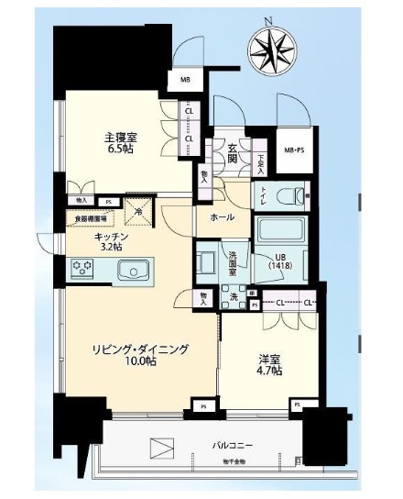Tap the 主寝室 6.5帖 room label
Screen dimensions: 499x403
tap(121, 144)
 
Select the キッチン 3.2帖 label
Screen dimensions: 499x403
tap(110, 241)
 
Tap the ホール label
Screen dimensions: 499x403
tap(223, 217)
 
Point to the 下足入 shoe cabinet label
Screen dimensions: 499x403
tap(261, 162)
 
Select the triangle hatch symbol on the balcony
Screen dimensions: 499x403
tap(161, 449)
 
